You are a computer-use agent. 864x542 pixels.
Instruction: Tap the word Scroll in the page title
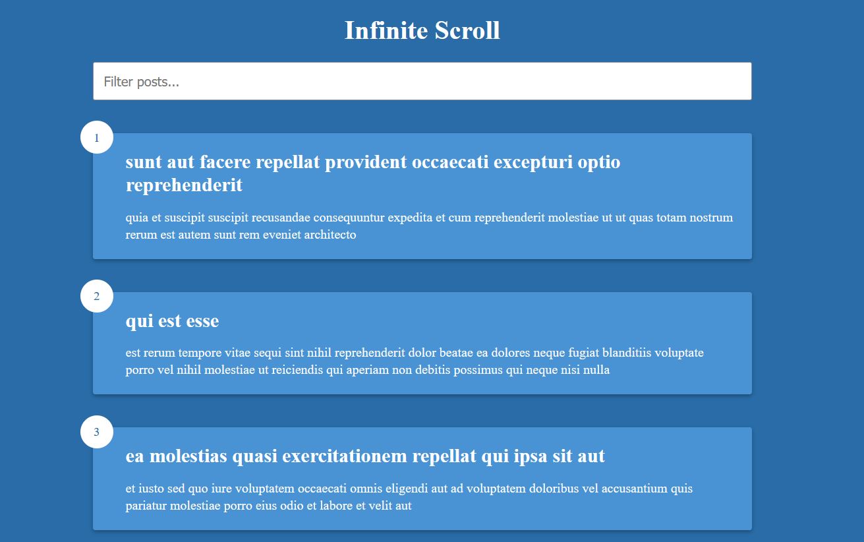pos(467,30)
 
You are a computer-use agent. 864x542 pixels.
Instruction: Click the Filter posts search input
pos(422,81)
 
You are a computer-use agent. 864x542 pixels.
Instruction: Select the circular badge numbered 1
pos(97,137)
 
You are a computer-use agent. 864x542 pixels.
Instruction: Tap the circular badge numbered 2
pos(97,296)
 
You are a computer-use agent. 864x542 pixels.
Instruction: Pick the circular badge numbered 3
pos(97,432)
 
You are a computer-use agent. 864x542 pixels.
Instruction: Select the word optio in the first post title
pos(599,163)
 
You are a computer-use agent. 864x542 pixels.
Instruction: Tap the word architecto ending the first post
pos(330,234)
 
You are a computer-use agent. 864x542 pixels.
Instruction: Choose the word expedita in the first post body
pos(410,218)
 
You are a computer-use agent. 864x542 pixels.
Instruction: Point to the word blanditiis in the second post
pos(626,353)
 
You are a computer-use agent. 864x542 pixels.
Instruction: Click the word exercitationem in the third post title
pos(345,456)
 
